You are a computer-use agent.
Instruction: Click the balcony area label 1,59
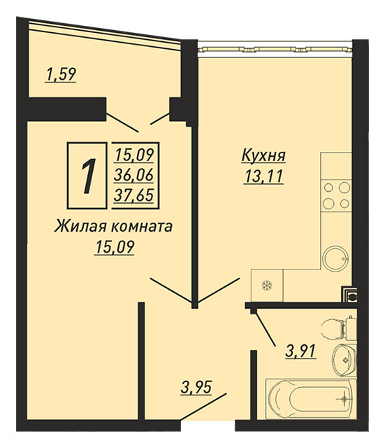pos(61,74)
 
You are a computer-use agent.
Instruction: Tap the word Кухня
pos(263,155)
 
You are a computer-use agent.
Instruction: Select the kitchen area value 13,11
pos(263,176)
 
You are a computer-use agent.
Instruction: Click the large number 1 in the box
pos(88,176)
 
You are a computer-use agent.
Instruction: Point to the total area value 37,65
pos(133,195)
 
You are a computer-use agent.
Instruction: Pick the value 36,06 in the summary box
pos(133,175)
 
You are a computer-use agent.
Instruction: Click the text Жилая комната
pos(113,227)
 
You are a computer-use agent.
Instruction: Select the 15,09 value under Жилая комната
pos(115,247)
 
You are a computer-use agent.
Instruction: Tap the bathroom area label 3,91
pos(300,351)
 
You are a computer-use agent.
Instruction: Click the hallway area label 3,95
pos(196,387)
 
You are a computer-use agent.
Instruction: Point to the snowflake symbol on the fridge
pos(267,285)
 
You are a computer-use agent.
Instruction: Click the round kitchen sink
pos(335,258)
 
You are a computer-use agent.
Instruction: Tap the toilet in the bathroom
pos(339,329)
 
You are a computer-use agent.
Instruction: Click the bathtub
pos(311,399)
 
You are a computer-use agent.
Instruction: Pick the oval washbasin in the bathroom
pos(344,360)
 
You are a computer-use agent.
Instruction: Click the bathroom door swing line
pos(266,329)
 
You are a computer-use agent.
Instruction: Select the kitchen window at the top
pos(275,49)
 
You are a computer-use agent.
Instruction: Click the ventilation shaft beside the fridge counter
pos(349,294)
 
